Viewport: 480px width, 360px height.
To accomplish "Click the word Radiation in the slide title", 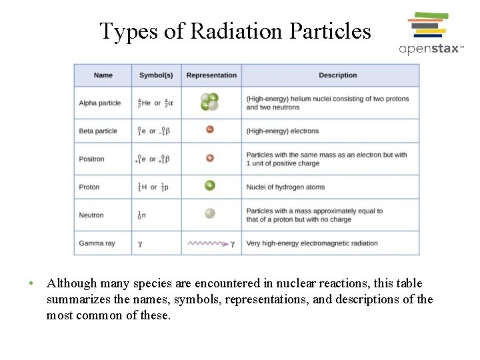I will (238, 31).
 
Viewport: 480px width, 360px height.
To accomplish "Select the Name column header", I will (103, 75).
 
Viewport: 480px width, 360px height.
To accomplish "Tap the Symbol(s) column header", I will (156, 75).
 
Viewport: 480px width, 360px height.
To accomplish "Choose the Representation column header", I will (211, 75).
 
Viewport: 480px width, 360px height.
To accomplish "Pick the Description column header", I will (337, 75).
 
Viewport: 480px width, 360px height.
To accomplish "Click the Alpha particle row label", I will (100, 103).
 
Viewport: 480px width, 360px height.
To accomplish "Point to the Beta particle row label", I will (98, 131).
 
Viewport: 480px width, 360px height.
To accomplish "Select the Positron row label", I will (92, 159).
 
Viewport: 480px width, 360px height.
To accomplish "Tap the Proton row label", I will (89, 187).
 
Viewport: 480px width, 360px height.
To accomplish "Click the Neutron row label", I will (91, 215).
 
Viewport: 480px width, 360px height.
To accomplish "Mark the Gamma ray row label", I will (97, 243).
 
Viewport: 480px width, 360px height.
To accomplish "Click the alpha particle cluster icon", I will (210, 102).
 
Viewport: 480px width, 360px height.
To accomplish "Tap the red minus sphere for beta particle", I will (210, 130).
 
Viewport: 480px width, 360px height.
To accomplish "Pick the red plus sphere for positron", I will (210, 159).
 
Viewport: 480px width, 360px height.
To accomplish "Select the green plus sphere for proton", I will (210, 186).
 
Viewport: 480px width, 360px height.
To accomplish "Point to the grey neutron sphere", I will (210, 214).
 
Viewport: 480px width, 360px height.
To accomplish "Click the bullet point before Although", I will (31, 283).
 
